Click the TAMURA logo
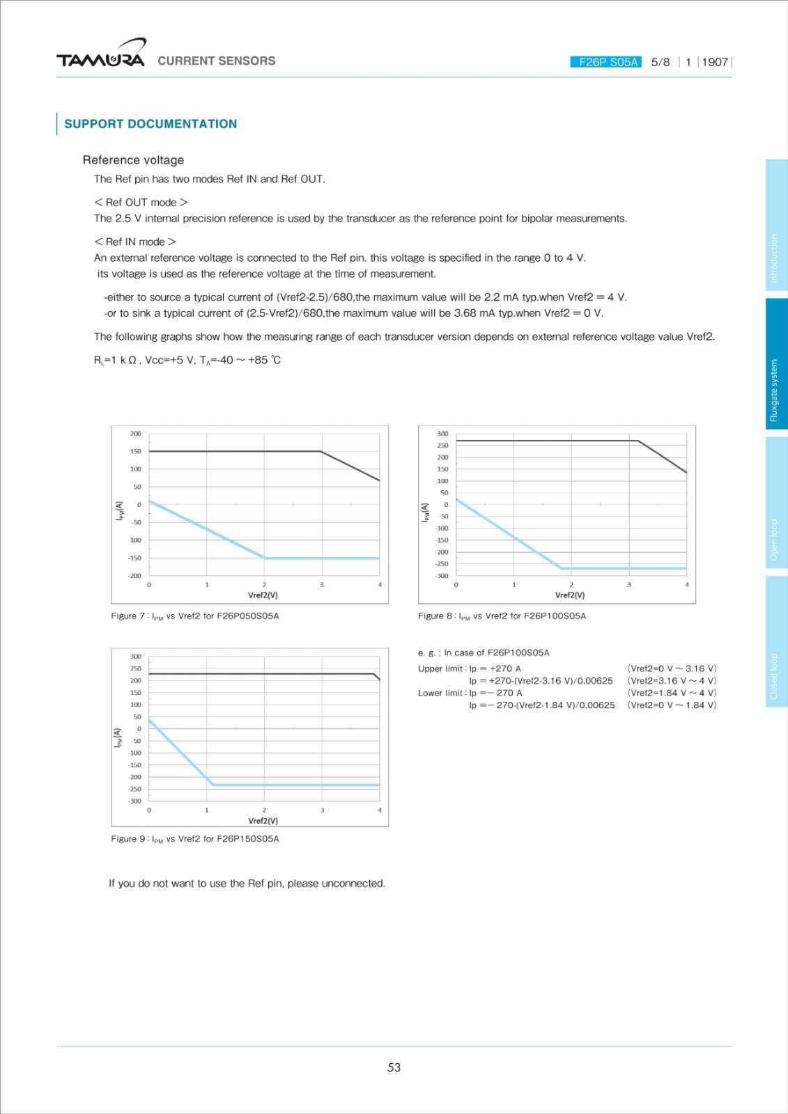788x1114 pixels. (101, 56)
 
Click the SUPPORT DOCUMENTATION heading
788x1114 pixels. (150, 124)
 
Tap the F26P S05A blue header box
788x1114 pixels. (606, 62)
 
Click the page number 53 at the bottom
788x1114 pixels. (394, 1067)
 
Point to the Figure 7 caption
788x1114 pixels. (195, 616)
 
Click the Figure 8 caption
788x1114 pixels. (502, 616)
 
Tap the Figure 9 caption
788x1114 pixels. (195, 839)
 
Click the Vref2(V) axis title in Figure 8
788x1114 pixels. (570, 595)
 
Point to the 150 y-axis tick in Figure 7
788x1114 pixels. (135, 451)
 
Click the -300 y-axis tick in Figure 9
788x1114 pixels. (134, 801)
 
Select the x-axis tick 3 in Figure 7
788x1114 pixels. (322, 585)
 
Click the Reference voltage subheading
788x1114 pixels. (133, 160)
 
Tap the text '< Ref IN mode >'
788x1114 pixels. (135, 242)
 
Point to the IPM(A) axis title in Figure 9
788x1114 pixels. (118, 738)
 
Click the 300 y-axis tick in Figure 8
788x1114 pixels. (442, 434)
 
